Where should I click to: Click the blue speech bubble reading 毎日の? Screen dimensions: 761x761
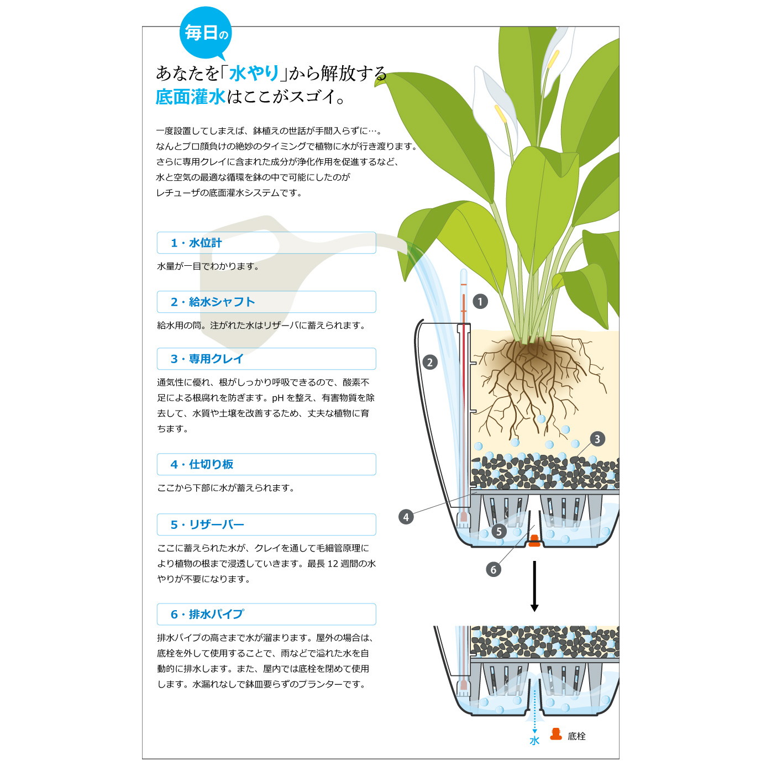click(x=206, y=33)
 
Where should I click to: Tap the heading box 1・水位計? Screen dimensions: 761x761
click(x=266, y=243)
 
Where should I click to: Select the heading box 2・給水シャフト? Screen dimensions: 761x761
click(x=266, y=302)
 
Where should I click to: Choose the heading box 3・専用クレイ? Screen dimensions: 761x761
click(x=266, y=359)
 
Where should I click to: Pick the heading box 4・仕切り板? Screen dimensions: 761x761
click(x=266, y=464)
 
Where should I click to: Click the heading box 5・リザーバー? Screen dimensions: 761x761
click(x=266, y=524)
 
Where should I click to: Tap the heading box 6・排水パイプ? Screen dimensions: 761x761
click(x=266, y=614)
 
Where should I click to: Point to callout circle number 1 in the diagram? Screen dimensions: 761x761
click(x=480, y=302)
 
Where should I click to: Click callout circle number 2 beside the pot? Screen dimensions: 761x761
click(x=429, y=362)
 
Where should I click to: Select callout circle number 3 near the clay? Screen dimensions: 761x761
click(x=597, y=439)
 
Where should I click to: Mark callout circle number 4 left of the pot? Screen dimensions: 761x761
click(x=406, y=517)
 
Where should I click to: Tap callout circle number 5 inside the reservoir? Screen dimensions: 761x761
click(x=499, y=531)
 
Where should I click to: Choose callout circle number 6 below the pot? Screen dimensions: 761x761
click(x=494, y=569)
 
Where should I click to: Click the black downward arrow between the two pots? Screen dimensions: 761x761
click(x=534, y=586)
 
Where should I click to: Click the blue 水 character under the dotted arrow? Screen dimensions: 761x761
click(x=534, y=741)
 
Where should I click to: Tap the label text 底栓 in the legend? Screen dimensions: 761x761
click(x=576, y=736)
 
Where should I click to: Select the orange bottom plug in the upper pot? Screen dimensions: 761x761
click(x=534, y=541)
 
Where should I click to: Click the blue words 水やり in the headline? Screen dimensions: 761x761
click(x=254, y=73)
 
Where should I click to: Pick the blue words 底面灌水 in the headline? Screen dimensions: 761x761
click(x=190, y=97)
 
